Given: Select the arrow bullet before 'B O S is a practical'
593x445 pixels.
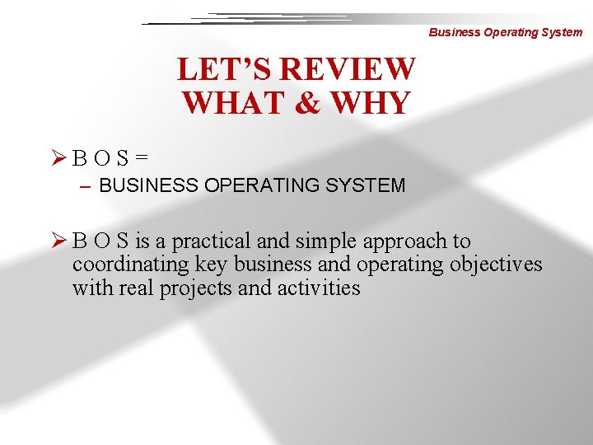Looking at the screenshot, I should point(58,241).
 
